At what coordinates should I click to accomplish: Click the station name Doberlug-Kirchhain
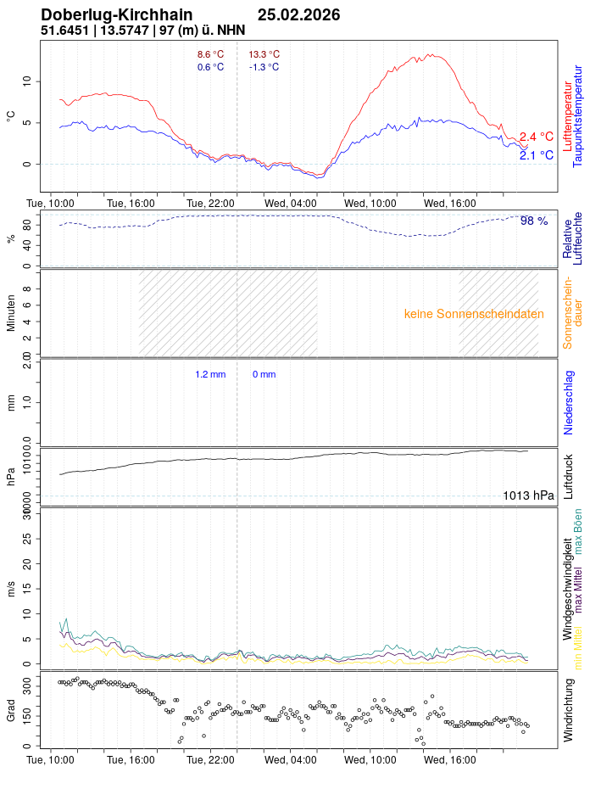[116, 14]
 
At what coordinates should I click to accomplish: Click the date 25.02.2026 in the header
[298, 14]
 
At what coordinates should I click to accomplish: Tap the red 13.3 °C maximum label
[264, 54]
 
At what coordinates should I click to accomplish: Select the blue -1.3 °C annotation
[264, 67]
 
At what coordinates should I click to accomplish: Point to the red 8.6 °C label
[210, 54]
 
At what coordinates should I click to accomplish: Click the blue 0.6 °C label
[210, 67]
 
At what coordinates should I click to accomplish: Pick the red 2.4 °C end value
[536, 137]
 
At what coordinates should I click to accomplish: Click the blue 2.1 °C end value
[536, 155]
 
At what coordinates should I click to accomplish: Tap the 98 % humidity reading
[534, 221]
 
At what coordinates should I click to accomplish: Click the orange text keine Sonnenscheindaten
[474, 314]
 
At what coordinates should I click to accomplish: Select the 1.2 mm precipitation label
[210, 374]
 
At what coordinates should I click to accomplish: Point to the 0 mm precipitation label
[264, 374]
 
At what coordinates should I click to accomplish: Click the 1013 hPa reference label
[528, 496]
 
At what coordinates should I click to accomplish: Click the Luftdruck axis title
[569, 476]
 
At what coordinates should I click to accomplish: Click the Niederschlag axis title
[569, 403]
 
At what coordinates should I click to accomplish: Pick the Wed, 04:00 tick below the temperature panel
[290, 204]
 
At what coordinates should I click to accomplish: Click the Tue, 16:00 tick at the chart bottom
[131, 760]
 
